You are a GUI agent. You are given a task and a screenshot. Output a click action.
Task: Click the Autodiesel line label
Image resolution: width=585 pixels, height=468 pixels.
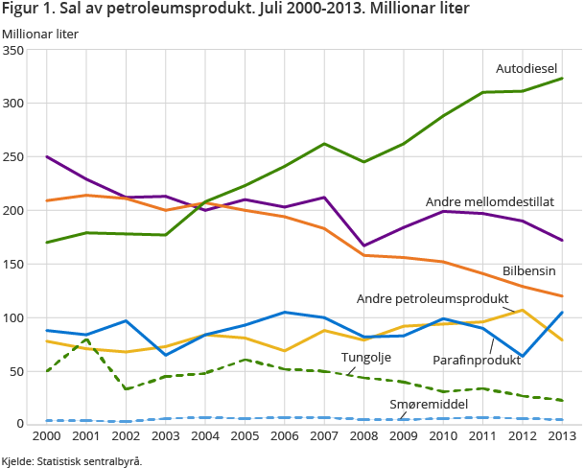(x=526, y=68)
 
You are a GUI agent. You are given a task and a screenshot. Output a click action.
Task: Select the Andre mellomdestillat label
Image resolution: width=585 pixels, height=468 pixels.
(x=490, y=201)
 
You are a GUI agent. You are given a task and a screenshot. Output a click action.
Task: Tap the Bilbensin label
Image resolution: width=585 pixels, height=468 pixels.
(x=529, y=271)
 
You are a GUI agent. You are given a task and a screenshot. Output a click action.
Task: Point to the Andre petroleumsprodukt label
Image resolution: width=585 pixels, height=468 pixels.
(x=432, y=298)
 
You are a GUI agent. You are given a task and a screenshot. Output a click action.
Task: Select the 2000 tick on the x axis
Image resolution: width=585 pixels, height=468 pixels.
(x=47, y=437)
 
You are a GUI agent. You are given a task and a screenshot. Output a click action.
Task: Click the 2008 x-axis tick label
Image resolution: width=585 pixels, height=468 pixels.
(x=363, y=437)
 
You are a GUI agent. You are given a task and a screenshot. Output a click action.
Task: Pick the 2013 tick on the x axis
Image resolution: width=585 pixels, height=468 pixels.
(x=561, y=437)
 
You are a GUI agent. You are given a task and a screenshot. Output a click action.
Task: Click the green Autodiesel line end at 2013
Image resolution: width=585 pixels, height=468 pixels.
(x=561, y=79)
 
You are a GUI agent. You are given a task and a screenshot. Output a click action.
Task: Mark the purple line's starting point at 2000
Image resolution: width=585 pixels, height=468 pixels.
(x=47, y=156)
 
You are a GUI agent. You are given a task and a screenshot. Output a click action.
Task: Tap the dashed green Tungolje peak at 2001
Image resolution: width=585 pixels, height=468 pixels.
(x=86, y=339)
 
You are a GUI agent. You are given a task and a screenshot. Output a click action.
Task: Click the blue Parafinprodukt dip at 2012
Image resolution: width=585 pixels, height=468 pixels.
(x=522, y=356)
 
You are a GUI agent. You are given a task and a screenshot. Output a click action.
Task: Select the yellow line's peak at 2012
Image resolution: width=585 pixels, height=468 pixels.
(x=522, y=310)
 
